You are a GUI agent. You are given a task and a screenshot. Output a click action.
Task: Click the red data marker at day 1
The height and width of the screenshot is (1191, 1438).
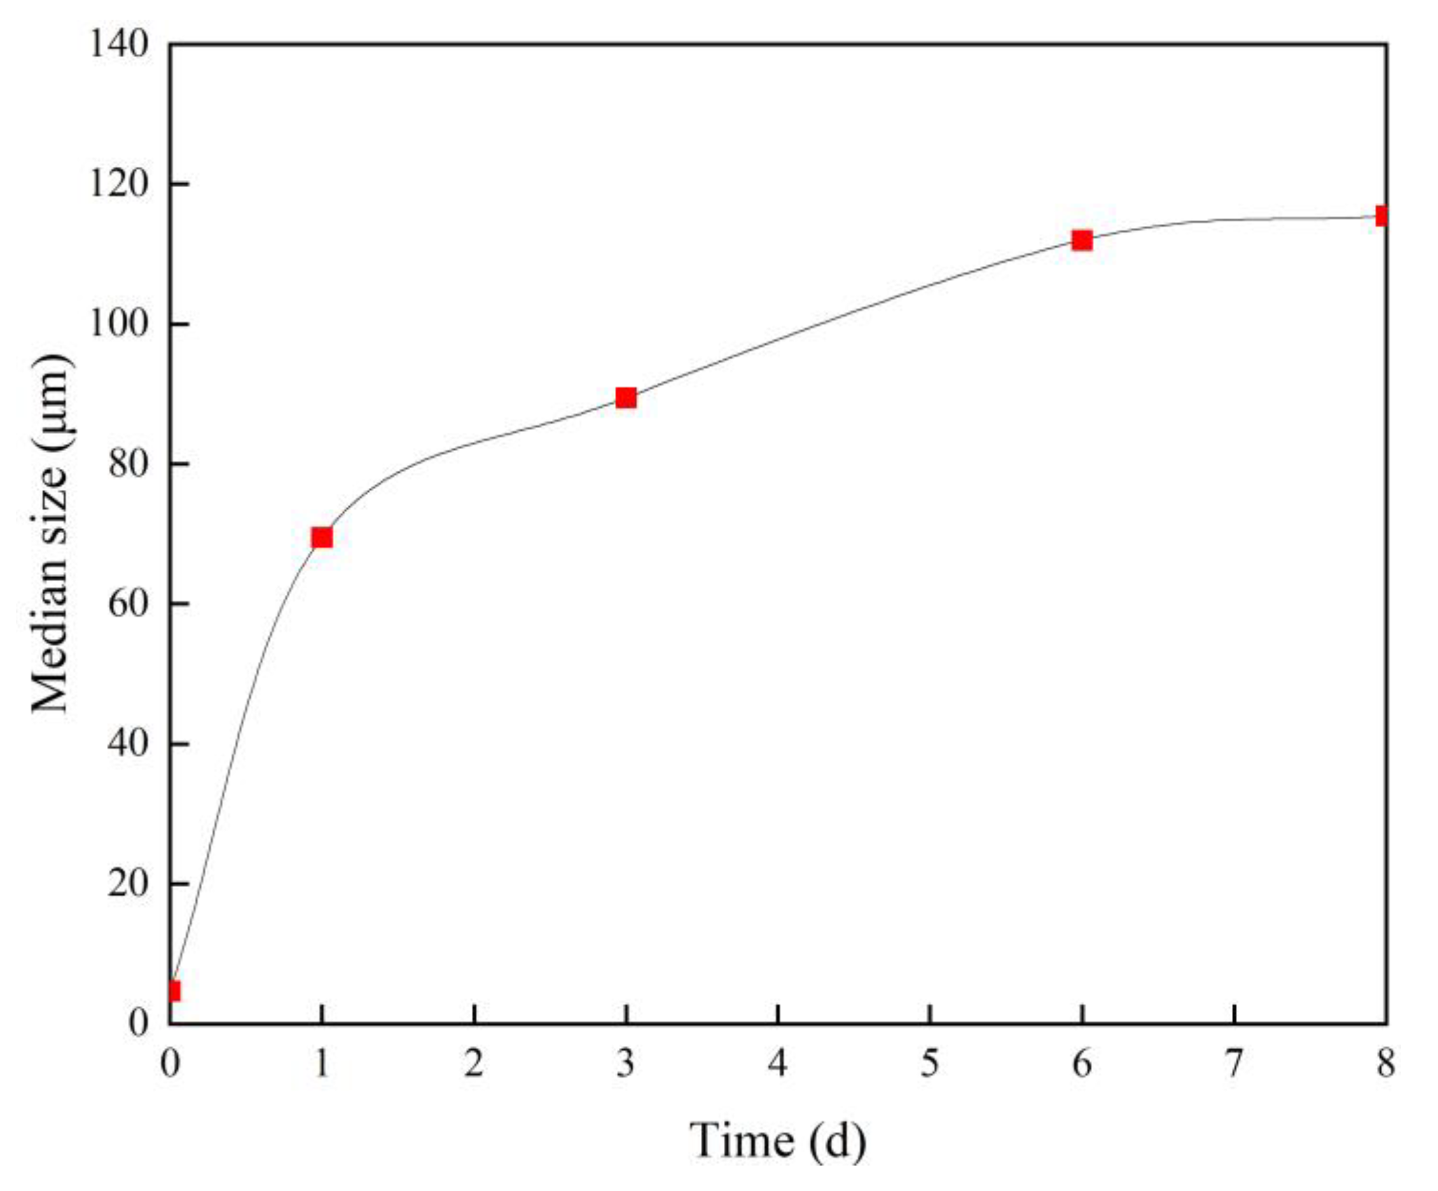tap(322, 538)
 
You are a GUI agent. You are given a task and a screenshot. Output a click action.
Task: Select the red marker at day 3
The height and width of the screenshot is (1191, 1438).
tap(626, 398)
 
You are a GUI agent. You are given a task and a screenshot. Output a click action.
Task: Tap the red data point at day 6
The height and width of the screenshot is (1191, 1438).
tap(1082, 240)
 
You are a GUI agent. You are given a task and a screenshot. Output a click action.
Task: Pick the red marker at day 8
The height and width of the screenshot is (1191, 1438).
tap(1382, 216)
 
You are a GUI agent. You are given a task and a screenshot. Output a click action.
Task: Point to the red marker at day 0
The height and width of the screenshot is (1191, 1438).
tap(173, 991)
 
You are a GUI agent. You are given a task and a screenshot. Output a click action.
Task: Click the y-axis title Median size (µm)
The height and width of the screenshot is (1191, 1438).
tap(52, 534)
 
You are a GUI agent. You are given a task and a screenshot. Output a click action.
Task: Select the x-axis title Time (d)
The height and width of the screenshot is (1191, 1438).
tap(777, 1140)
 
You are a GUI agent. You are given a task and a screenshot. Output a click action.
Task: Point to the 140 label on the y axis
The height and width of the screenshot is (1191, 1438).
tap(119, 45)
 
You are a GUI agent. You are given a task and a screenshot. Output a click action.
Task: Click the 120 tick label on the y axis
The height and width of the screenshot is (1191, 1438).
tap(119, 185)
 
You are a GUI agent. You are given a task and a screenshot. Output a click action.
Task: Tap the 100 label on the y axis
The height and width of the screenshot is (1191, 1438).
tap(119, 324)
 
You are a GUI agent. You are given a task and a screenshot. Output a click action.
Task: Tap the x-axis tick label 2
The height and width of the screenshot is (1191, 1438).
tap(474, 1065)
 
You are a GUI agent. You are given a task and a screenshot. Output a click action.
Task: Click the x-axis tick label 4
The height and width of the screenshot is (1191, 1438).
tap(778, 1065)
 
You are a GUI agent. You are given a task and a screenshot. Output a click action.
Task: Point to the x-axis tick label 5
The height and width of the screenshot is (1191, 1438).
tap(930, 1065)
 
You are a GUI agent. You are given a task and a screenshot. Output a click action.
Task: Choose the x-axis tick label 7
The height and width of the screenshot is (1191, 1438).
tap(1234, 1065)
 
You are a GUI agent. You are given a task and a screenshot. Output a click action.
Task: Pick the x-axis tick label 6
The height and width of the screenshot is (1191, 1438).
tap(1082, 1065)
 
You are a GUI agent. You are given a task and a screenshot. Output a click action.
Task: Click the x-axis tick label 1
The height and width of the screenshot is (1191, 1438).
tap(322, 1065)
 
